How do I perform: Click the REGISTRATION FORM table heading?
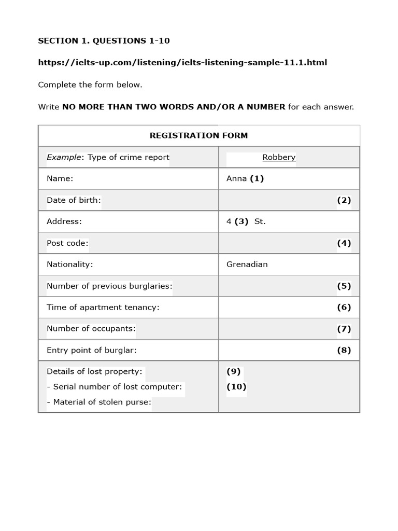pyautogui.click(x=198, y=135)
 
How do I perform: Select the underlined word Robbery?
pyautogui.click(x=279, y=157)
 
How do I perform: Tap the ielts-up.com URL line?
pyautogui.click(x=182, y=62)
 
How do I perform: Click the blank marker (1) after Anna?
pyautogui.click(x=257, y=178)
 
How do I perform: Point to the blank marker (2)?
pyautogui.click(x=344, y=200)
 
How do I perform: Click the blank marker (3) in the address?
pyautogui.click(x=241, y=221)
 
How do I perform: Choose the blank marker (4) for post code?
pyautogui.click(x=344, y=243)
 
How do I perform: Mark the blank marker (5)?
pyautogui.click(x=344, y=286)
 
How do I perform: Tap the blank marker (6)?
pyautogui.click(x=344, y=307)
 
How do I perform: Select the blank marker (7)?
pyautogui.click(x=344, y=328)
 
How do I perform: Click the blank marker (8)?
pyautogui.click(x=344, y=350)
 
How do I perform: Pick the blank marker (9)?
pyautogui.click(x=234, y=371)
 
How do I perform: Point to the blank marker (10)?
pyautogui.click(x=236, y=386)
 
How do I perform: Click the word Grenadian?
pyautogui.click(x=247, y=264)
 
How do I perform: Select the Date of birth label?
pyautogui.click(x=74, y=200)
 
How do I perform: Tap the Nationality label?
pyautogui.click(x=70, y=264)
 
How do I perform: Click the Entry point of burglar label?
pyautogui.click(x=92, y=350)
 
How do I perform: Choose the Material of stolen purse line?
pyautogui.click(x=98, y=402)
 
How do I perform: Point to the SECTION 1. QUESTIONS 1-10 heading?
pyautogui.click(x=104, y=40)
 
